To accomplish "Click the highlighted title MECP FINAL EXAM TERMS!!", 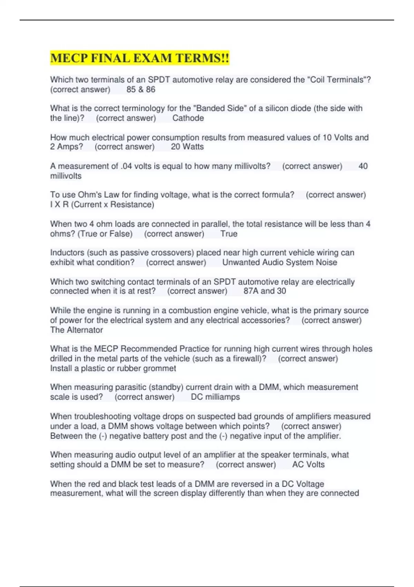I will click(139, 58).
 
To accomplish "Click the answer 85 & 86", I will click(141, 89).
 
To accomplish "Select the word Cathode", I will click(188, 118).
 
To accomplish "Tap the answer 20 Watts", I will click(187, 147).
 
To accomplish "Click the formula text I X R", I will click(59, 205).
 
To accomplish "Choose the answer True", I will click(229, 234).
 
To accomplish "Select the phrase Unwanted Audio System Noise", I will click(279, 262).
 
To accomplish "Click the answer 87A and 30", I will click(265, 291).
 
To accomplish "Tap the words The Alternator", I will click(77, 330).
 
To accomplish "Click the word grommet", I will click(160, 368).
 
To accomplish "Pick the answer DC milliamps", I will click(215, 397).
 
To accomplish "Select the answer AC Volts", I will click(308, 465).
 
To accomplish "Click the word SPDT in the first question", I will click(159, 80).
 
